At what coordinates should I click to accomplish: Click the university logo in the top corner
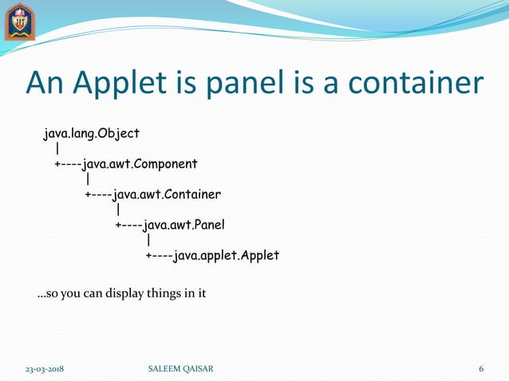(x=19, y=22)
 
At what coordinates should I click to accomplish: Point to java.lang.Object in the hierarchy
(x=91, y=133)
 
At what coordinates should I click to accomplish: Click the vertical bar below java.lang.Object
(x=57, y=148)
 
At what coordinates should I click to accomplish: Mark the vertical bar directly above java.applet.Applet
(x=149, y=240)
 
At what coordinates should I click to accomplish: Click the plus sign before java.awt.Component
(x=57, y=165)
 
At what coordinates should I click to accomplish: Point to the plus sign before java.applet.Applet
(x=148, y=257)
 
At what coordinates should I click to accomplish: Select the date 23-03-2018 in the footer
(x=45, y=368)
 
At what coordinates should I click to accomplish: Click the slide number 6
(x=481, y=368)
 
